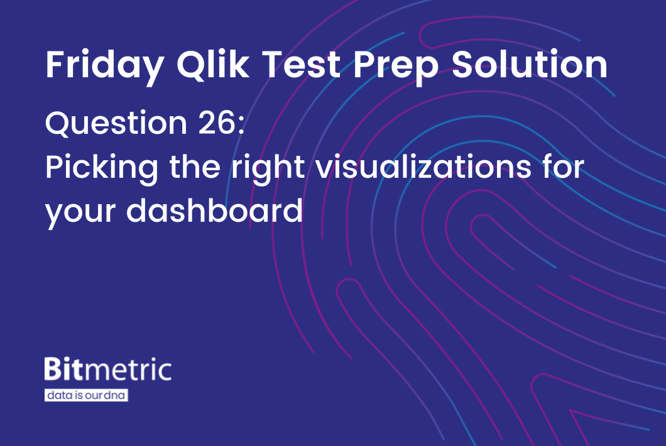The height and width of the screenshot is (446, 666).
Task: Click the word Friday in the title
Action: pos(103,65)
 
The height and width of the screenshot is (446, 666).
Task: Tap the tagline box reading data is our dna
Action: pos(86,396)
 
